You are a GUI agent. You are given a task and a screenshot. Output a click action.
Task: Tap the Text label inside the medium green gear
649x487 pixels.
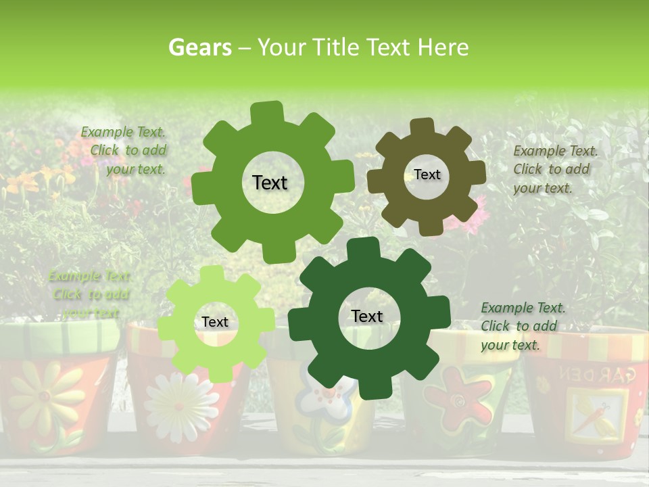[270, 183]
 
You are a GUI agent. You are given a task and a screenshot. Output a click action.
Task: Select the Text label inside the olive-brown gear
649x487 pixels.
[427, 175]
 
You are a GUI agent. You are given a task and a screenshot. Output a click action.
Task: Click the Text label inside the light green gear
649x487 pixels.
[215, 323]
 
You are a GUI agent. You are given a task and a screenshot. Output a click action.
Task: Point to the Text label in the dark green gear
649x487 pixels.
[367, 316]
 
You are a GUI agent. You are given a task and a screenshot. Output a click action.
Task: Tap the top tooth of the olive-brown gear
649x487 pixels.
[423, 126]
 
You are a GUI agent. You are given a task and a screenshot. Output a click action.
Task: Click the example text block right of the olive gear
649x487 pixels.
[555, 169]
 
